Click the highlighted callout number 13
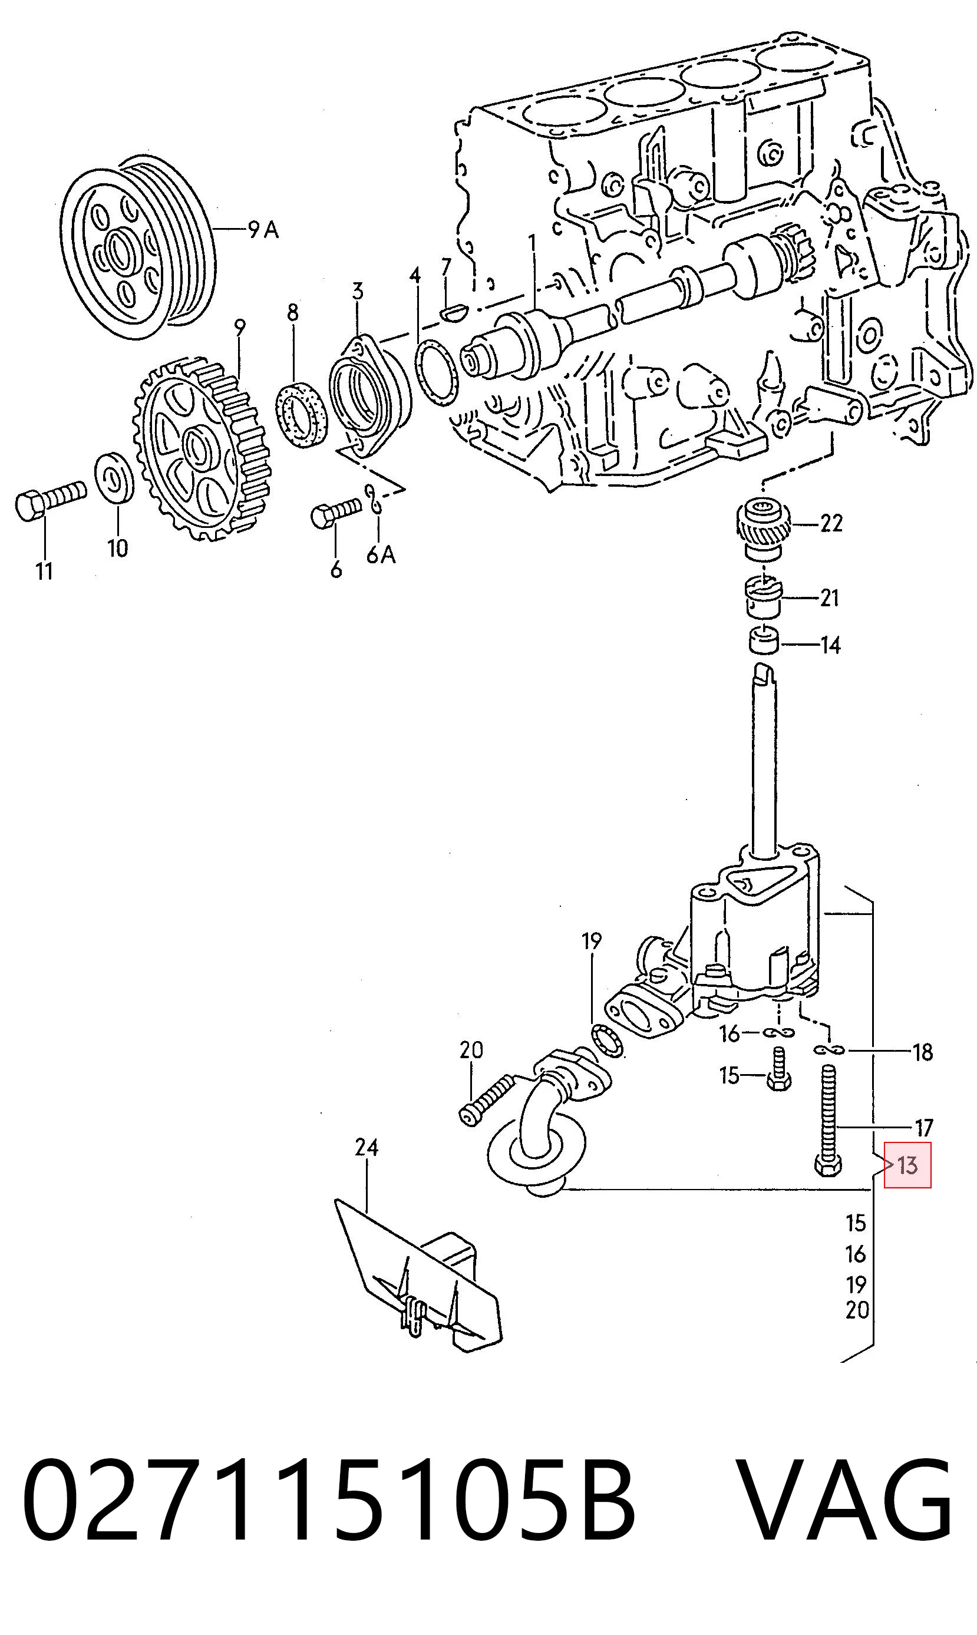pyautogui.click(x=907, y=1165)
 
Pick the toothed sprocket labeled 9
pyautogui.click(x=202, y=449)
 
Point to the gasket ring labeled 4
pyautogui.click(x=436, y=371)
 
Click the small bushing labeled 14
pyautogui.click(x=764, y=641)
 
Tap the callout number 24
pyautogui.click(x=367, y=1147)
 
